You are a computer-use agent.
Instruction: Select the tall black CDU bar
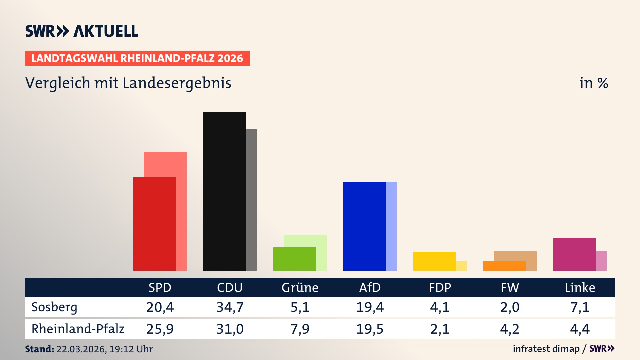(x=224, y=191)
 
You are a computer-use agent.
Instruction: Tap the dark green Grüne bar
(x=294, y=259)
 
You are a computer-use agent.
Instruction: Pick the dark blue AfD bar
(x=364, y=226)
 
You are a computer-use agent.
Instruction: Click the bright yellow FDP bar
(x=434, y=261)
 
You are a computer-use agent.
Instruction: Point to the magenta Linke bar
(x=574, y=254)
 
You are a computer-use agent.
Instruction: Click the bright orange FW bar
(x=504, y=266)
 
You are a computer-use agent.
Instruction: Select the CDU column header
(x=230, y=287)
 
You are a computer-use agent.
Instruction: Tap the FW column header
(x=510, y=287)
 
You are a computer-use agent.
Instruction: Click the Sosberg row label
(x=54, y=307)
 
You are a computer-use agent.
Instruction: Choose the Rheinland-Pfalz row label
(x=78, y=329)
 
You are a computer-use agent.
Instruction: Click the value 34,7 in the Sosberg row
(x=230, y=307)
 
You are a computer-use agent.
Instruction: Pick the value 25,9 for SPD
(x=160, y=329)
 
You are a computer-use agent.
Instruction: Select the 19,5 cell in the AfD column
(x=370, y=329)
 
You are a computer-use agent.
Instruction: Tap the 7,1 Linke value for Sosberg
(x=580, y=307)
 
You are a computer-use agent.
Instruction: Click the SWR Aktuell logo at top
(x=82, y=31)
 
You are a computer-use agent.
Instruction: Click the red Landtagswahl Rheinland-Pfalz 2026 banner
(x=137, y=58)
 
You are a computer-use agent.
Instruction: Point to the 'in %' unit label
(x=593, y=83)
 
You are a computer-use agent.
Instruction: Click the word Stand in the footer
(x=39, y=349)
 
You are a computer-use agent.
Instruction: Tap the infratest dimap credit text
(x=546, y=349)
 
